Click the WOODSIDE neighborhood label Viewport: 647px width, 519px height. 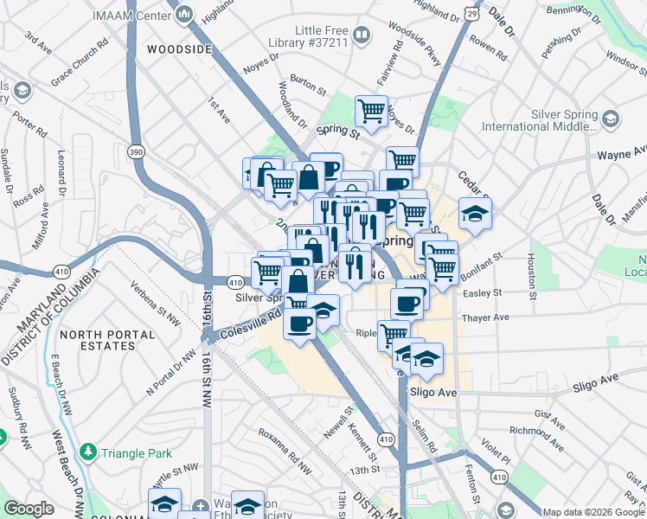pyautogui.click(x=179, y=49)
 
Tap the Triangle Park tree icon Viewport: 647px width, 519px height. pyautogui.click(x=87, y=452)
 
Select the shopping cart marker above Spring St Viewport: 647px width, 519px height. pyautogui.click(x=371, y=110)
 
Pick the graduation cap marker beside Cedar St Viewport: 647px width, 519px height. pyautogui.click(x=474, y=213)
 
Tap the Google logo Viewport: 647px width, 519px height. pyautogui.click(x=29, y=509)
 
